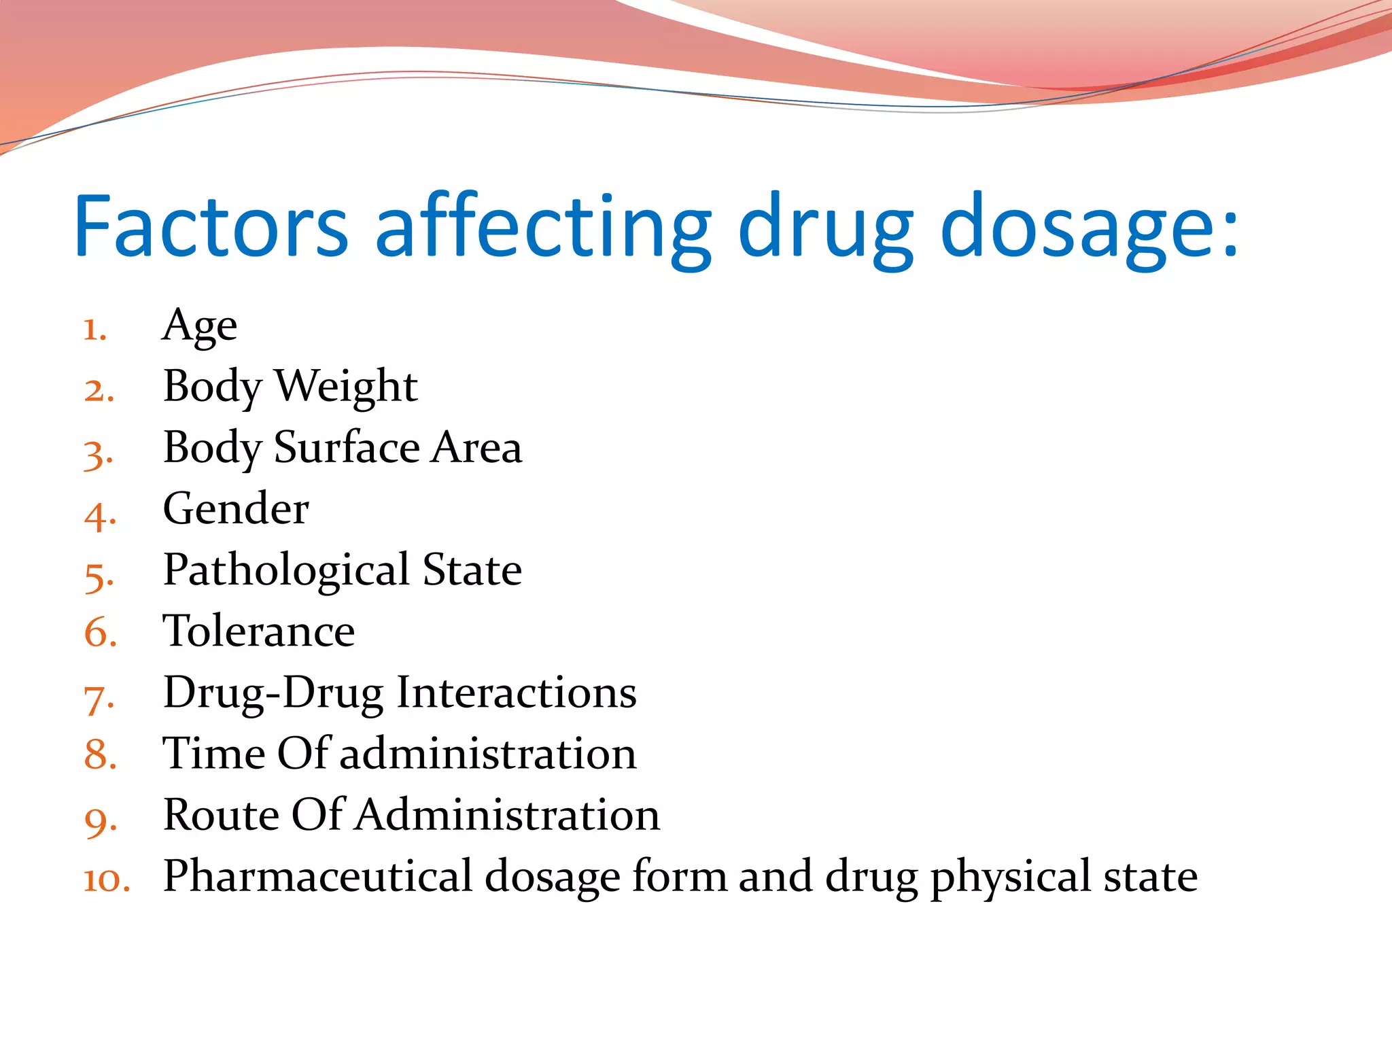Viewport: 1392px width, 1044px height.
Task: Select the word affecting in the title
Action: [544, 228]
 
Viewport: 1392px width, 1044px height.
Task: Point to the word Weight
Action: [345, 386]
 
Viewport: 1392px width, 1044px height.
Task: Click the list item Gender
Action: [236, 508]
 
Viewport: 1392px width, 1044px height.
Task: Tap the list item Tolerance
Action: [258, 631]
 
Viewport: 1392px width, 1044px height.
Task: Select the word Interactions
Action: [517, 692]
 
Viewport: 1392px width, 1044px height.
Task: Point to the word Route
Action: [221, 814]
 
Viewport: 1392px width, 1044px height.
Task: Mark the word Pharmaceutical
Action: [317, 875]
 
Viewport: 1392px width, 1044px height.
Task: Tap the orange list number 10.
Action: [106, 880]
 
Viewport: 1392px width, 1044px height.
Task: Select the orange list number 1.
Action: [94, 330]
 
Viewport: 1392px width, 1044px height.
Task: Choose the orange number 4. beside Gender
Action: [99, 515]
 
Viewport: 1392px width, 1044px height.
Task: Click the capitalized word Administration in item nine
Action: [506, 814]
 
